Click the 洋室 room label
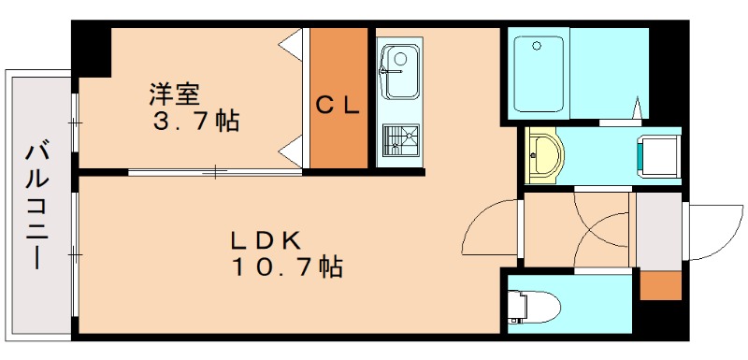[175, 94]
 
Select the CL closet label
[337, 106]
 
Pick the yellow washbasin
[542, 155]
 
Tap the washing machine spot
[659, 155]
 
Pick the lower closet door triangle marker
[293, 149]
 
